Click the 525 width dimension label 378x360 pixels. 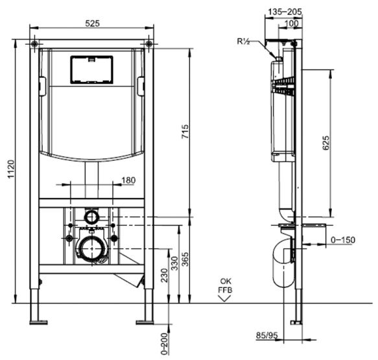[x=92, y=23]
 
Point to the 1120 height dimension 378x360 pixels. [x=11, y=169]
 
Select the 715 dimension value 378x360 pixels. [x=185, y=132]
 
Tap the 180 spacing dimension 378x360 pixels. [x=128, y=180]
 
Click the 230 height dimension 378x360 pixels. [x=165, y=276]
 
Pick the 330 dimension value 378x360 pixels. [x=174, y=263]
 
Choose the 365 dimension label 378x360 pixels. [x=185, y=259]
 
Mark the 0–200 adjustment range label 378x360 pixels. [x=165, y=344]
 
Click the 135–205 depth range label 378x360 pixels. [x=285, y=12]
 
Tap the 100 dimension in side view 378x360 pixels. [x=292, y=23]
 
